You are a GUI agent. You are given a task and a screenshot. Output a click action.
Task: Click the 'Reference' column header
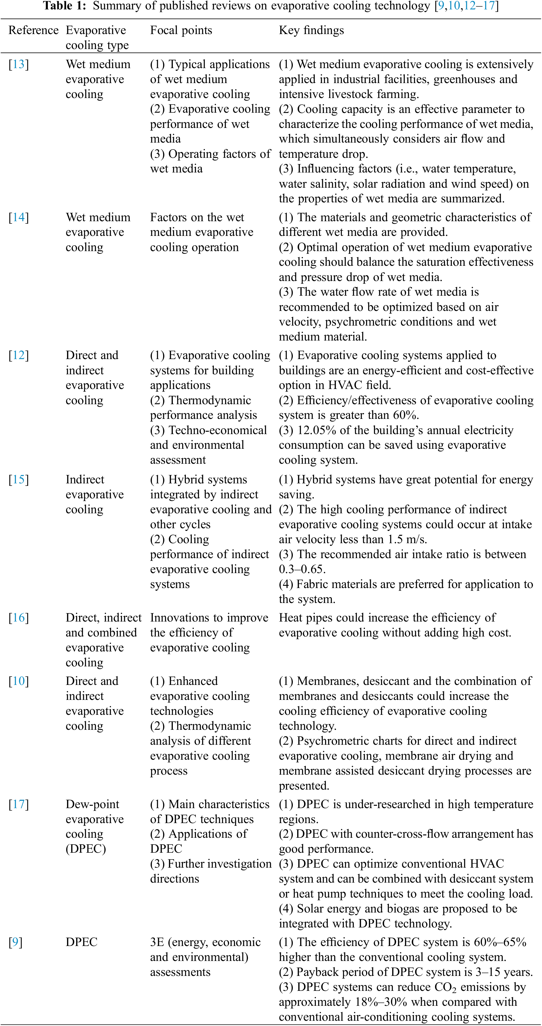pos(34,30)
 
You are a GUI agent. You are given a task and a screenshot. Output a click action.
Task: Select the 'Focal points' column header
pos(181,30)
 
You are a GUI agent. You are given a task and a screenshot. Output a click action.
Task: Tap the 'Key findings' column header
pos(311,30)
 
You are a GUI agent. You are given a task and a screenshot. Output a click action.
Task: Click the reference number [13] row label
pos(19,65)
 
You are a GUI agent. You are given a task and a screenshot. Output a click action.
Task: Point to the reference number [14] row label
pos(19,218)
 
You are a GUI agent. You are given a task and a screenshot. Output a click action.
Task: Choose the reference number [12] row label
pos(19,355)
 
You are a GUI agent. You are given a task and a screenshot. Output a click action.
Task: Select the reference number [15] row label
pos(19,480)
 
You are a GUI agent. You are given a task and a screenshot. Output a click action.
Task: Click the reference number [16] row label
pos(19,618)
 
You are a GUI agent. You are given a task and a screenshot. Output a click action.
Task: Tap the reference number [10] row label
pos(19,681)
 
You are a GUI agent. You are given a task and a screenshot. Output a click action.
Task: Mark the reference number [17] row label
pos(19,804)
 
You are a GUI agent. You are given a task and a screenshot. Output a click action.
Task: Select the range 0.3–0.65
pos(302,569)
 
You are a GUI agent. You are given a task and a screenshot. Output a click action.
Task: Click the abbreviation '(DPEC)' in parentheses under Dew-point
pos(86,849)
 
